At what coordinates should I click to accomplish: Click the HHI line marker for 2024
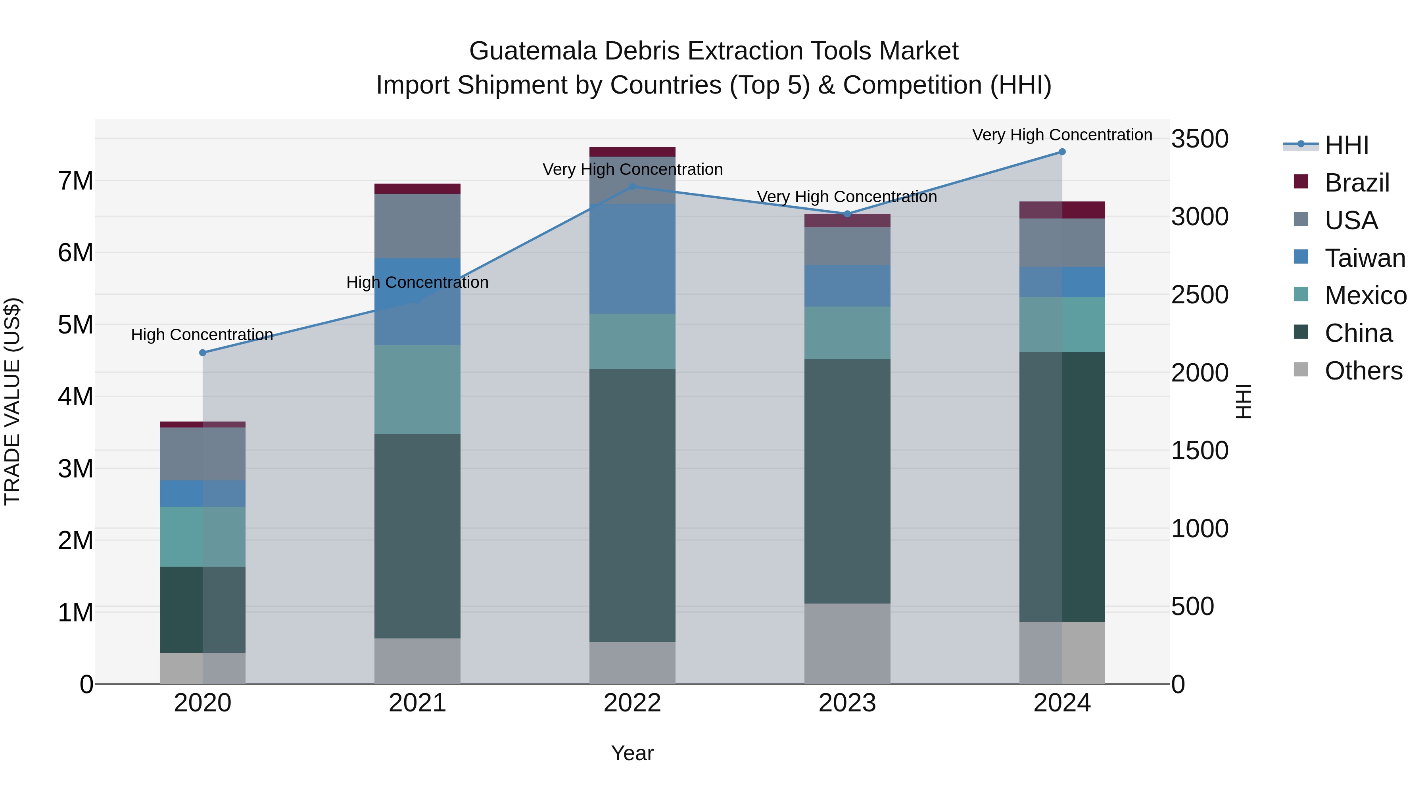[x=1061, y=152]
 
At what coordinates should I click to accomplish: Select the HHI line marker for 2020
[x=202, y=353]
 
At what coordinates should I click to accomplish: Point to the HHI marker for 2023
[x=847, y=214]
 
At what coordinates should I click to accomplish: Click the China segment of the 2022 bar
[x=632, y=506]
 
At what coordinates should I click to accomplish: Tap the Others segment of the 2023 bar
[x=847, y=644]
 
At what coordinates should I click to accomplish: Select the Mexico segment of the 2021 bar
[x=417, y=389]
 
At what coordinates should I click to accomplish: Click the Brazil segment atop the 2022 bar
[x=632, y=152]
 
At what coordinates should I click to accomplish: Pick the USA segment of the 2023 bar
[x=847, y=246]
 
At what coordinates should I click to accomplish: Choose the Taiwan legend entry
[x=1364, y=258]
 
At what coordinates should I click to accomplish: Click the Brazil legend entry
[x=1357, y=183]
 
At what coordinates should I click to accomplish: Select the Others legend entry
[x=1363, y=371]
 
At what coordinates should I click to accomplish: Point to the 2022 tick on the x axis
[x=632, y=703]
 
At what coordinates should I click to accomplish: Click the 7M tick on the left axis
[x=76, y=181]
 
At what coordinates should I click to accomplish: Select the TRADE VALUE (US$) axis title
[x=13, y=401]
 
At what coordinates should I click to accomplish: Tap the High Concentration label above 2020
[x=202, y=335]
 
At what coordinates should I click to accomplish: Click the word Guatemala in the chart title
[x=532, y=51]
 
